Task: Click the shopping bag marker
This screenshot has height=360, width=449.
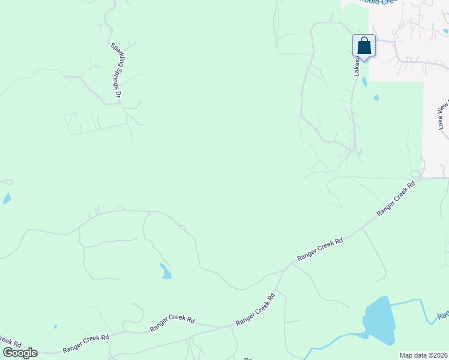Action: pos(364,46)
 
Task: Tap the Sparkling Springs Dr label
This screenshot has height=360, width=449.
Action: pos(116,70)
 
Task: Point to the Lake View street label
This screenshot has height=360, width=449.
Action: pos(443,115)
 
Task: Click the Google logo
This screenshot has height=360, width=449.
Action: pos(20,353)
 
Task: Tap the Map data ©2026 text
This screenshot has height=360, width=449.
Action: pos(423,355)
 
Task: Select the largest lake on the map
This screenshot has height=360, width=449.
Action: pos(379,320)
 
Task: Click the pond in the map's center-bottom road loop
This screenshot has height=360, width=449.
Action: pos(165,271)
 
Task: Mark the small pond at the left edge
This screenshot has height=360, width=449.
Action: pos(7,199)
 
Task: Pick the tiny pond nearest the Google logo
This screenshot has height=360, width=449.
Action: pos(55,326)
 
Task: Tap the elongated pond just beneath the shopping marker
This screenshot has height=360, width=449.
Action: pos(364,82)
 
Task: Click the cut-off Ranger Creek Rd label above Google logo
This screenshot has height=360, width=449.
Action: pos(10,342)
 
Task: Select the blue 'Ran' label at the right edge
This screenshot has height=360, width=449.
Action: pos(443,316)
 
